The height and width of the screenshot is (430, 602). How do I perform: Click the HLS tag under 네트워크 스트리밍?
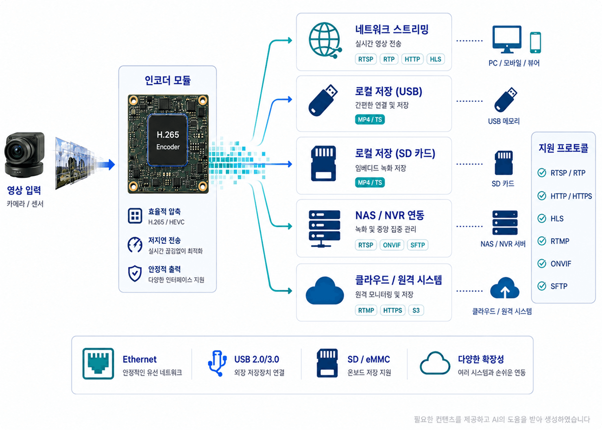coord(435,59)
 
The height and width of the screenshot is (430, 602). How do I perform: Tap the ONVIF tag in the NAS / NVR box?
coord(392,245)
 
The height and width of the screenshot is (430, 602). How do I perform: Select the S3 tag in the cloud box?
coord(416,310)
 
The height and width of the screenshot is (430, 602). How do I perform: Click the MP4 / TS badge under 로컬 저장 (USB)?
coord(370,119)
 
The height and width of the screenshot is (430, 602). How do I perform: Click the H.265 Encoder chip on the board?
coord(168,140)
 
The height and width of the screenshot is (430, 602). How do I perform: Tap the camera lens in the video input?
coord(17,152)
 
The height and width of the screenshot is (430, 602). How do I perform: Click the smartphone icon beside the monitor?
coord(535,42)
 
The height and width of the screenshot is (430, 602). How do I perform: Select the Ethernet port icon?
coord(98,364)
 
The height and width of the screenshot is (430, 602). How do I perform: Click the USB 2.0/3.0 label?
coord(257,359)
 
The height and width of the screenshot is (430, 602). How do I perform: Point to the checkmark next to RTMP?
coord(542,241)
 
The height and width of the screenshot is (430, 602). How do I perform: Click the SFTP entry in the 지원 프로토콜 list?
coord(559,286)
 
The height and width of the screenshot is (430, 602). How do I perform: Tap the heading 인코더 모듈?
coord(168,80)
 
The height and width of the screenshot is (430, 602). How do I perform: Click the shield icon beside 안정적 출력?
coord(135,274)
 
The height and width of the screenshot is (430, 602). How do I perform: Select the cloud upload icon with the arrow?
coord(505,288)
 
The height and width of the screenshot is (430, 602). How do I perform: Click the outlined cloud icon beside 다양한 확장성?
coord(435,363)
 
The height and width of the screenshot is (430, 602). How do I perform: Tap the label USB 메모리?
coord(504,121)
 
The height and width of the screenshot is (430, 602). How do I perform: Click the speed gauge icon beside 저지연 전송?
coord(135,245)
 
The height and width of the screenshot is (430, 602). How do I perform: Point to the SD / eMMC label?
coord(369,359)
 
